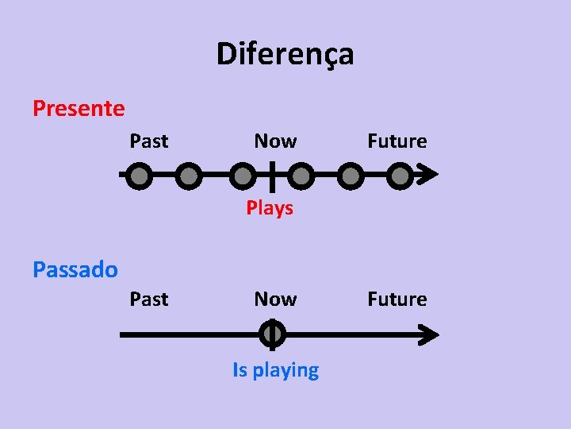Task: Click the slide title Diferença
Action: [285, 55]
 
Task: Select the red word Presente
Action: [79, 108]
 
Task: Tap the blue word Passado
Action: [75, 269]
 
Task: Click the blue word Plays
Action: [270, 208]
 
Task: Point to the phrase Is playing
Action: [275, 370]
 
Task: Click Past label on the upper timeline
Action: [149, 141]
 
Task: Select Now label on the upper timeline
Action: [275, 141]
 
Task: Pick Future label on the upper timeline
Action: [397, 141]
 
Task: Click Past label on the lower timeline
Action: [149, 300]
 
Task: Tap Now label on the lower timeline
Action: [275, 300]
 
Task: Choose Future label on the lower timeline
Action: [397, 300]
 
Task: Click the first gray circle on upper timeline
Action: [139, 175]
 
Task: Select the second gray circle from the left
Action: [187, 175]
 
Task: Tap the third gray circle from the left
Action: [243, 175]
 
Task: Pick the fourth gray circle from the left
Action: [299, 175]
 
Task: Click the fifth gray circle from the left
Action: [350, 175]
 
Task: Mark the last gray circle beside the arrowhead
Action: [400, 175]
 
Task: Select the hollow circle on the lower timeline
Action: [271, 334]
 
